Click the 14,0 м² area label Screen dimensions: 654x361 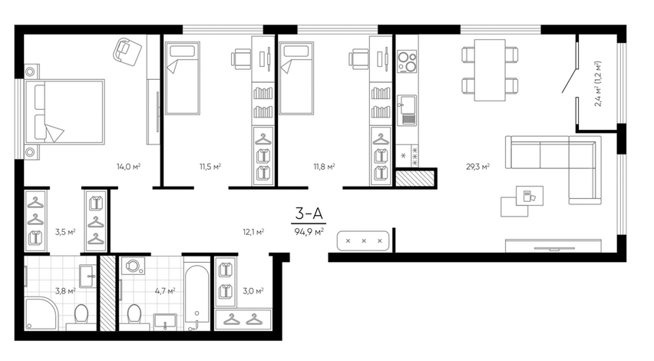pos(128,167)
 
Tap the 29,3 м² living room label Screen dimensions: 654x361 pos(477,167)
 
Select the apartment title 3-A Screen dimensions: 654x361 pos(309,214)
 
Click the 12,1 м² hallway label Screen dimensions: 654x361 pos(253,232)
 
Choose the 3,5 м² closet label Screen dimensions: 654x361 pos(65,232)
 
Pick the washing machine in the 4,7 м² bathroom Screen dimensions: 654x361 pos(133,266)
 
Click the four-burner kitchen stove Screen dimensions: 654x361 pos(407,61)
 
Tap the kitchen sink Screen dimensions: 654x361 pos(407,110)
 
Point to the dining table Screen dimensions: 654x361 pos(490,70)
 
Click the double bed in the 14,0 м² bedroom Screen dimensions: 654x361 pos(64,112)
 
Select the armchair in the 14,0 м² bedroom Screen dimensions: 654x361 pos(127,51)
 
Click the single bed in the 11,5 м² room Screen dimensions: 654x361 pos(182,78)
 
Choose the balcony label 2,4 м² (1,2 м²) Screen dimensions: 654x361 pos(598,84)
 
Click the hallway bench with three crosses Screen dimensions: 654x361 pos(363,240)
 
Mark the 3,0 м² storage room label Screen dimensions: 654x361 pos(253,291)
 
